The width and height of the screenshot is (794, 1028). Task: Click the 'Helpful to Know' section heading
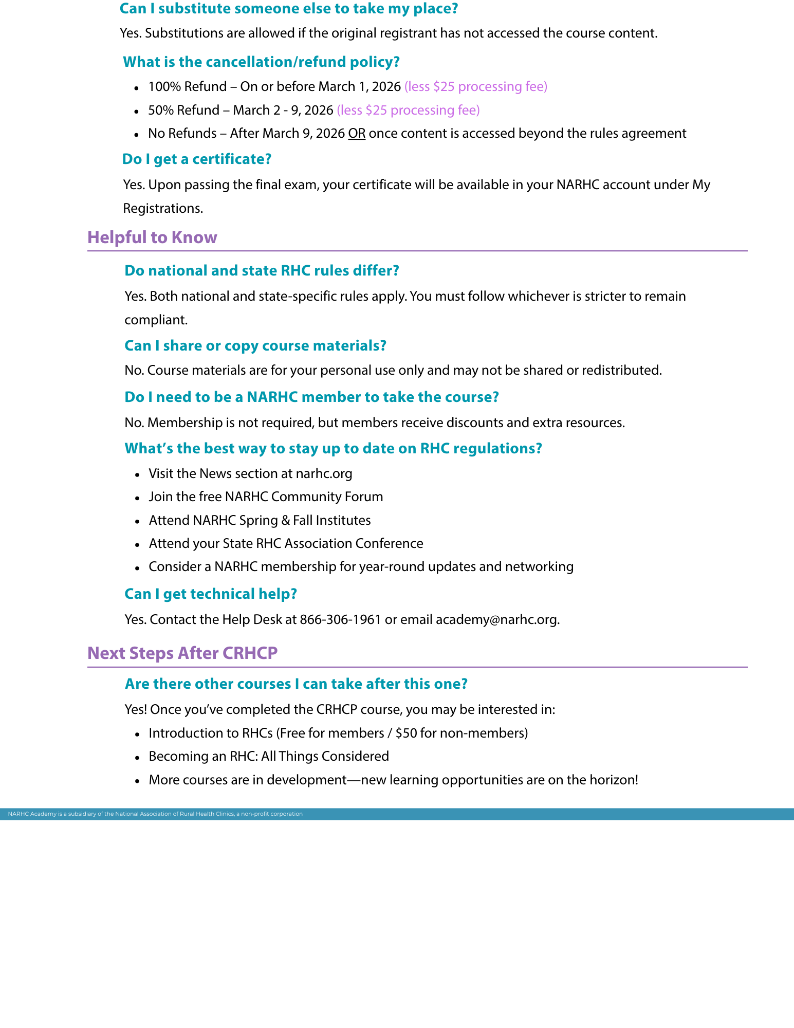[x=152, y=237]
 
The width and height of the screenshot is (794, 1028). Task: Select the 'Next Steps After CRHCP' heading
[x=182, y=653]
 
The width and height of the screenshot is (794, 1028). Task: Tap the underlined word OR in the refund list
[x=357, y=134]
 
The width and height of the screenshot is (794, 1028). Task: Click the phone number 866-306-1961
[x=340, y=619]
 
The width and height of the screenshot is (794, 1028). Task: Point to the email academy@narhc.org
[x=496, y=619]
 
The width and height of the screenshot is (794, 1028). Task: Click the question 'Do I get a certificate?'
[x=197, y=159]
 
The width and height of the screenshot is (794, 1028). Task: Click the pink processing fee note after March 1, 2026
[x=476, y=86]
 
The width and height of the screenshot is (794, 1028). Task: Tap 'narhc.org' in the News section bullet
[x=324, y=473]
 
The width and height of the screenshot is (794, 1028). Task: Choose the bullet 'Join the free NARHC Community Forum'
[x=266, y=497]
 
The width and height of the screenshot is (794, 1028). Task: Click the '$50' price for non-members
[x=406, y=733]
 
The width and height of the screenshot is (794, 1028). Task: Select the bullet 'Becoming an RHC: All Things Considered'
[x=269, y=756]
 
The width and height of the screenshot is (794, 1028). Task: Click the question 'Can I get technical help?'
[x=211, y=594]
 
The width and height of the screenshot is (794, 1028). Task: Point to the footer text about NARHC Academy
[x=155, y=814]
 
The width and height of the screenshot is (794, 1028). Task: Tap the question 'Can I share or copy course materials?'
[x=255, y=345]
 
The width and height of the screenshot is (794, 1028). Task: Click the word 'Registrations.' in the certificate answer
[x=163, y=208]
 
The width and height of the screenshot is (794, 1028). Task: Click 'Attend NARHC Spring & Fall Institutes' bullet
[x=260, y=520]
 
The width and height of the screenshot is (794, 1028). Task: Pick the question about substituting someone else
[x=289, y=9]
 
